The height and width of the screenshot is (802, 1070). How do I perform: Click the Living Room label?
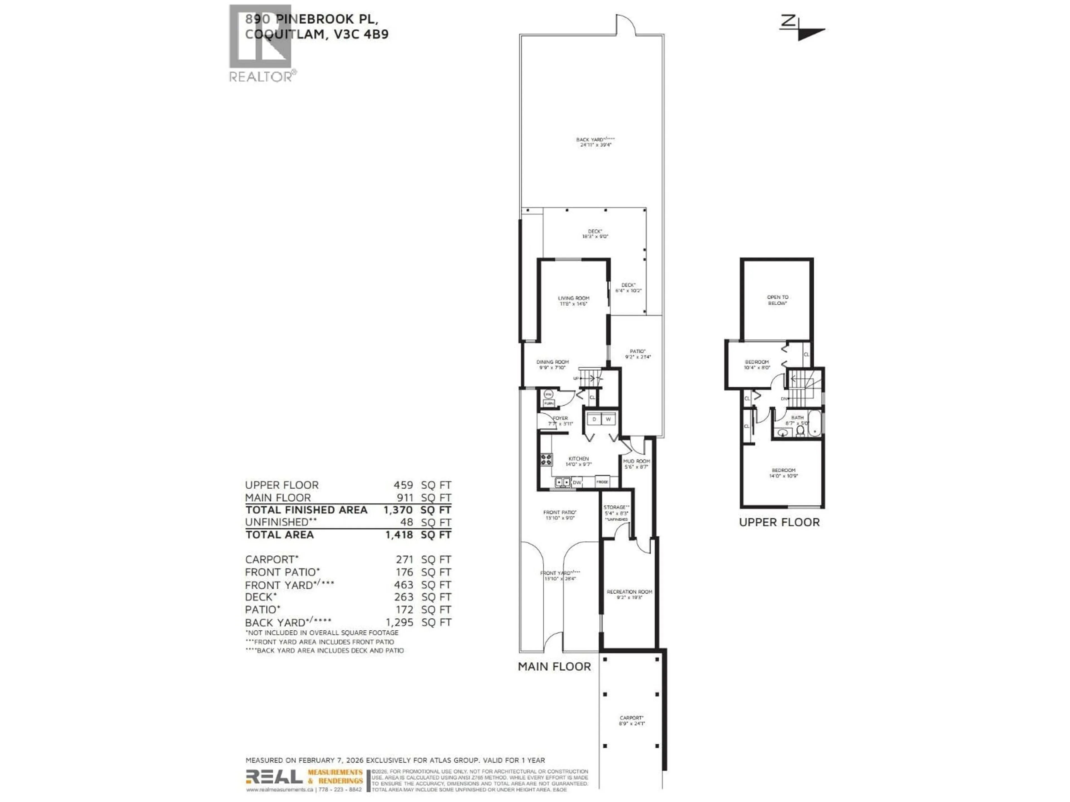574,301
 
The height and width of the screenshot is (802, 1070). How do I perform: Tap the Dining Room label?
552,365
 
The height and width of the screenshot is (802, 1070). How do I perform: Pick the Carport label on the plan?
631,720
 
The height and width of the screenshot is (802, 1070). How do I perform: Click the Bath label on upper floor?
797,420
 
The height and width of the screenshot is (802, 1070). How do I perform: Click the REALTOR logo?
261,43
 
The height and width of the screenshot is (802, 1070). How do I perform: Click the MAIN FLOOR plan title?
554,667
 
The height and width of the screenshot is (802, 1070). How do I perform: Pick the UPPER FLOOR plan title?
779,522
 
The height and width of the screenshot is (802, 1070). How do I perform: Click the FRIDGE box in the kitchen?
602,482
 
